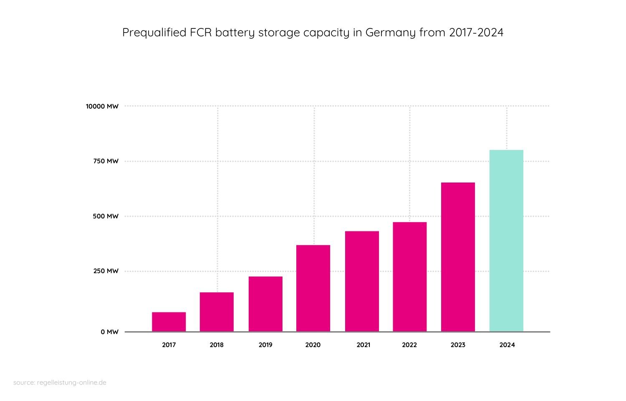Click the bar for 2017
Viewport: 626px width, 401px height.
[169, 322]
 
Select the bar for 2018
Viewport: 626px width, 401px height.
[217, 312]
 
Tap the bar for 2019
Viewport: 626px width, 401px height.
[265, 304]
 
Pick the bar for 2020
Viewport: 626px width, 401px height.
[313, 288]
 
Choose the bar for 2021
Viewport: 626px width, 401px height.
[362, 281]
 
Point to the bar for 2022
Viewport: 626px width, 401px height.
[409, 277]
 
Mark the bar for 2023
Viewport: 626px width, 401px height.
[458, 257]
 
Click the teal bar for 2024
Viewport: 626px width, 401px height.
[506, 241]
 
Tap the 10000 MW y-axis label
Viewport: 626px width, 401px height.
[102, 107]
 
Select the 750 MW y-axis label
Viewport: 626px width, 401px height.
[106, 161]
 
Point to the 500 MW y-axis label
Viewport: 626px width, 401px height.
[106, 216]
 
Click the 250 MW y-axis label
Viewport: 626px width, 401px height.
[106, 271]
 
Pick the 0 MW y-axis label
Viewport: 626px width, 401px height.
[109, 332]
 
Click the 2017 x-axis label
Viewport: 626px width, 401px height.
[169, 345]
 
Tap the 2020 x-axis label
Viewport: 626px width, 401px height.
[313, 345]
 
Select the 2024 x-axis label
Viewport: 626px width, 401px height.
[507, 345]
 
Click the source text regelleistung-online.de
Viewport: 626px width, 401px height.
[72, 383]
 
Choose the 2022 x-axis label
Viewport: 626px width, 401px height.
[409, 345]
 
